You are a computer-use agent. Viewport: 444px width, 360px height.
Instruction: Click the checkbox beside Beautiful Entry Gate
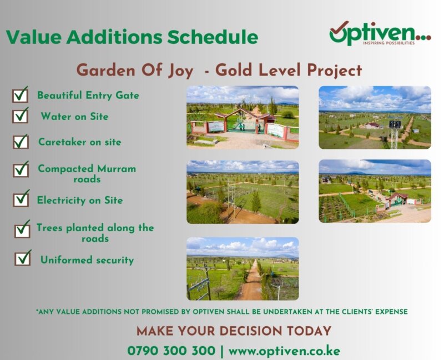(x=20, y=96)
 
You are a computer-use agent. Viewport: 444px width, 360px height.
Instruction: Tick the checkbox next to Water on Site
(x=20, y=116)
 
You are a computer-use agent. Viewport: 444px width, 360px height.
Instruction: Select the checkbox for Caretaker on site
(x=21, y=142)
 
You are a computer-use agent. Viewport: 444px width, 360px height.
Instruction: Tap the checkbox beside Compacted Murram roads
(x=21, y=170)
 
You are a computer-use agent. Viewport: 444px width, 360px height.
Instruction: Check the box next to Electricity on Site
(x=21, y=199)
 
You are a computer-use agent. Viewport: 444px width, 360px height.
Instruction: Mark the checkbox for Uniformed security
(x=23, y=258)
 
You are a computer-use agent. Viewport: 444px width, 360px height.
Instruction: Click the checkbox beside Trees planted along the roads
(x=22, y=229)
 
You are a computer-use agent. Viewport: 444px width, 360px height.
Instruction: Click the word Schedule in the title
(x=213, y=37)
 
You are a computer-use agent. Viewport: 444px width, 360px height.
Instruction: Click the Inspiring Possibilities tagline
(x=389, y=43)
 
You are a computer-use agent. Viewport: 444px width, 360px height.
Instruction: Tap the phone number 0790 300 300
(x=171, y=351)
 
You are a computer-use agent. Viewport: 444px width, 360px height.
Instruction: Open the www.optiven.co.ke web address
(x=284, y=351)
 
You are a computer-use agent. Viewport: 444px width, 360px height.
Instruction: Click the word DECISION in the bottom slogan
(x=251, y=331)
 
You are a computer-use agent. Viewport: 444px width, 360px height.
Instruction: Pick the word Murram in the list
(x=117, y=169)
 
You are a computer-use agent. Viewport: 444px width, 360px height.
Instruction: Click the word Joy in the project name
(x=181, y=71)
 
